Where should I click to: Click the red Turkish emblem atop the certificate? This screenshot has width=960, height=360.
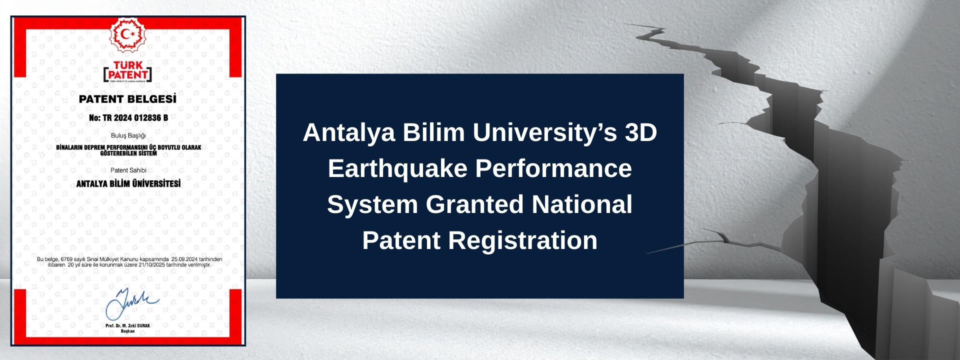pyautogui.click(x=128, y=34)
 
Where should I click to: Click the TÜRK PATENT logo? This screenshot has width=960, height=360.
pyautogui.click(x=127, y=71)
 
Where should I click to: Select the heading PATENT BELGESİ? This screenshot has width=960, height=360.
pyautogui.click(x=127, y=99)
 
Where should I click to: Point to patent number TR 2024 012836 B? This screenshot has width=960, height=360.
pyautogui.click(x=128, y=118)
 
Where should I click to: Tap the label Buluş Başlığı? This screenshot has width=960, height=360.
pyautogui.click(x=128, y=135)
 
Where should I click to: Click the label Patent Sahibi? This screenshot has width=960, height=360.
pyautogui.click(x=128, y=170)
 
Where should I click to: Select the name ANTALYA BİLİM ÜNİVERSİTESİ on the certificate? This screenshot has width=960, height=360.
pyautogui.click(x=128, y=183)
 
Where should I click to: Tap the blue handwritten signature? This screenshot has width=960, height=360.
pyautogui.click(x=131, y=303)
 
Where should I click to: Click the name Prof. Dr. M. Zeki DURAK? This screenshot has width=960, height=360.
pyautogui.click(x=128, y=325)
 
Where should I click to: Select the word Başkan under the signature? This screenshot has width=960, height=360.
pyautogui.click(x=128, y=331)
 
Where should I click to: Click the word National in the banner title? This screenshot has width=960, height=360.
pyautogui.click(x=582, y=204)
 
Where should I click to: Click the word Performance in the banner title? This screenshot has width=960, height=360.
pyautogui.click(x=553, y=168)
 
